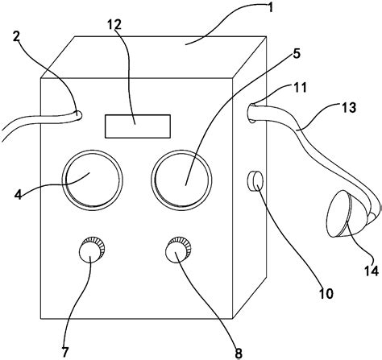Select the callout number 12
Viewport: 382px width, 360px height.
click(114, 24)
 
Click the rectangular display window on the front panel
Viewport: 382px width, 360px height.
click(138, 126)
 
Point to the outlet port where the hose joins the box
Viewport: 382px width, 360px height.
click(253, 113)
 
